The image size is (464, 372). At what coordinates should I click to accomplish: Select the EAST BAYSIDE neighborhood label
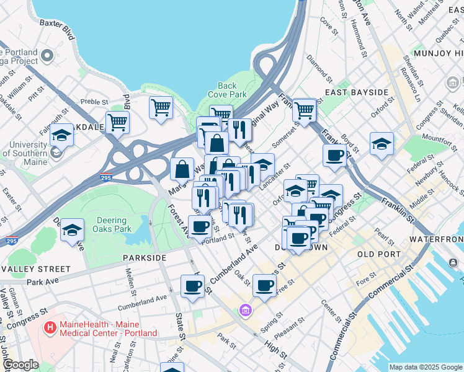(x=356, y=92)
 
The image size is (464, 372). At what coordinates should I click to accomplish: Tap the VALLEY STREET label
(x=35, y=269)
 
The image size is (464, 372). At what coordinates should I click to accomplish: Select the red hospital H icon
(x=48, y=325)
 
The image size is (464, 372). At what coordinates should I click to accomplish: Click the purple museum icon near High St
(x=246, y=309)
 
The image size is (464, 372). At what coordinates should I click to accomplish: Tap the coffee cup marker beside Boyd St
(x=334, y=155)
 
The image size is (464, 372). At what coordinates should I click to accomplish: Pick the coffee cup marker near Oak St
(x=264, y=285)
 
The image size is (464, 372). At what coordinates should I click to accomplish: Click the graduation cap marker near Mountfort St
(x=381, y=144)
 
